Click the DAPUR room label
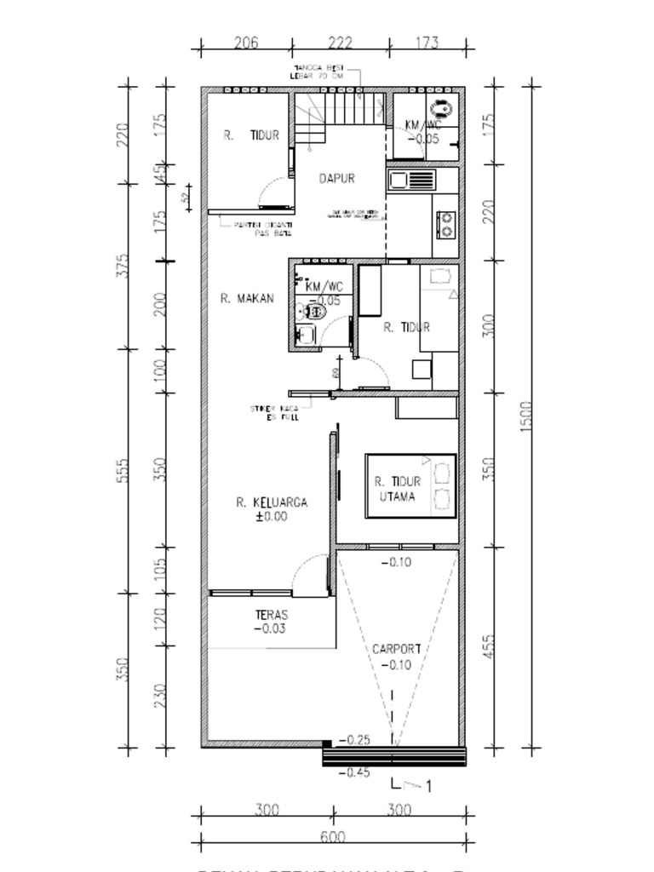[336, 179]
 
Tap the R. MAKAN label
[247, 298]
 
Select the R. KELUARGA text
[272, 502]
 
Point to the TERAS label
[271, 615]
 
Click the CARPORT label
[396, 649]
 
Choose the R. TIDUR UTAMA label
[397, 489]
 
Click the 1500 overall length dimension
[526, 416]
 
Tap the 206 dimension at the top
[246, 43]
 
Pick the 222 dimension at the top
[340, 43]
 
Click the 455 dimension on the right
[488, 647]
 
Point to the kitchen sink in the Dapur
[411, 180]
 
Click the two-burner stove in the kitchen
[445, 224]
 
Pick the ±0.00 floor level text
[272, 516]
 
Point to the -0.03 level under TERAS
[270, 629]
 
